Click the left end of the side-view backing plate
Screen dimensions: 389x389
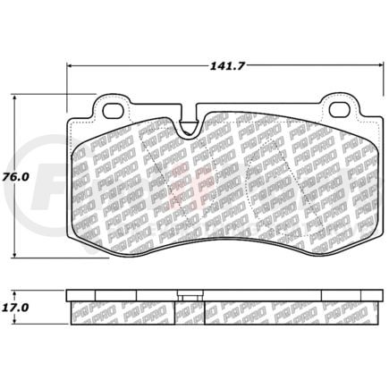click(x=70, y=294)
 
